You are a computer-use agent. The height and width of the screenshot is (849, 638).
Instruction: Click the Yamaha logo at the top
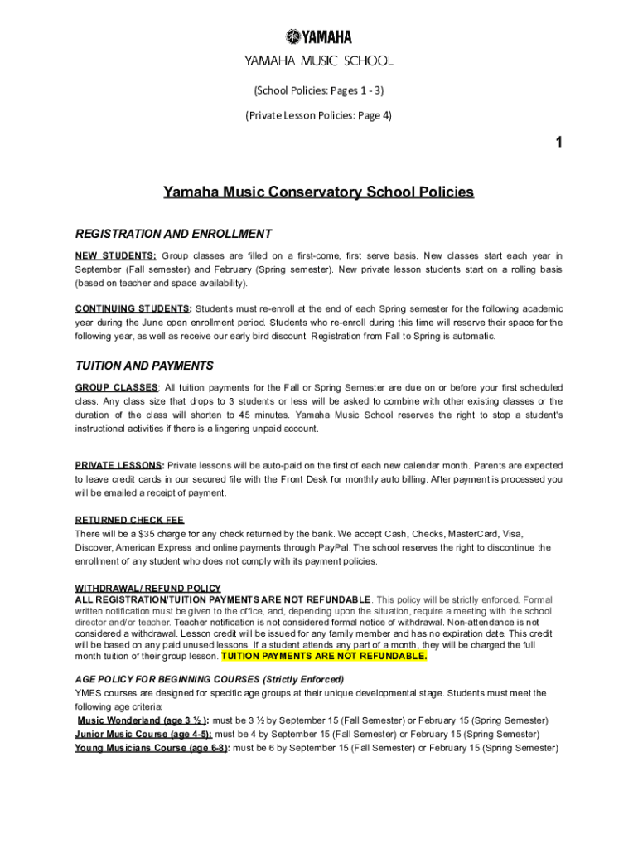[x=318, y=36]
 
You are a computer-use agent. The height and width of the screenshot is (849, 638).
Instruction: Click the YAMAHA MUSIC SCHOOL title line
[x=318, y=61]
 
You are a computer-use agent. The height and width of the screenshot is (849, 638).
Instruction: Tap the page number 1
[x=559, y=143]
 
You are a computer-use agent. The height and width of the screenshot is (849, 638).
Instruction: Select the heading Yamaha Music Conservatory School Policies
[x=318, y=192]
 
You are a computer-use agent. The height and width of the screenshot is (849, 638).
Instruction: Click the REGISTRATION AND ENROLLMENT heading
[x=173, y=234]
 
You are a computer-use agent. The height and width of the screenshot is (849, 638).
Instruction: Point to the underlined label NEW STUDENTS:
[x=116, y=255]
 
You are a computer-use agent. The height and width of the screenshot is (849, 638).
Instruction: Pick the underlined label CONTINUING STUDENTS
[x=133, y=308]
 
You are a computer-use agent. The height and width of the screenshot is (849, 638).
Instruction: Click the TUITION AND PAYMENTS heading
[x=144, y=366]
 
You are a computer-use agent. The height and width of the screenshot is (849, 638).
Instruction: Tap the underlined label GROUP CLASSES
[x=117, y=387]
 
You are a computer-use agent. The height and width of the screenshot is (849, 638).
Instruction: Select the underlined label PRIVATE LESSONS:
[x=119, y=465]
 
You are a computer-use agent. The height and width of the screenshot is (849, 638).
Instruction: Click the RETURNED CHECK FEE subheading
[x=129, y=520]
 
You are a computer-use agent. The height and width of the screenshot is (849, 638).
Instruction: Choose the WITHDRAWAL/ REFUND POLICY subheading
[x=147, y=589]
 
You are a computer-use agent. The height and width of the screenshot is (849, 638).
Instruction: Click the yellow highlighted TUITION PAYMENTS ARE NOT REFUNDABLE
[x=324, y=656]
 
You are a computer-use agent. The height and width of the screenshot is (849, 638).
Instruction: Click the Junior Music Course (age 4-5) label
[x=143, y=734]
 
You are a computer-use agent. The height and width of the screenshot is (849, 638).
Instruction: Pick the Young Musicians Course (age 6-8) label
[x=152, y=748]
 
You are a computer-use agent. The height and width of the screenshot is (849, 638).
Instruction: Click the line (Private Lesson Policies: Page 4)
[x=318, y=115]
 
